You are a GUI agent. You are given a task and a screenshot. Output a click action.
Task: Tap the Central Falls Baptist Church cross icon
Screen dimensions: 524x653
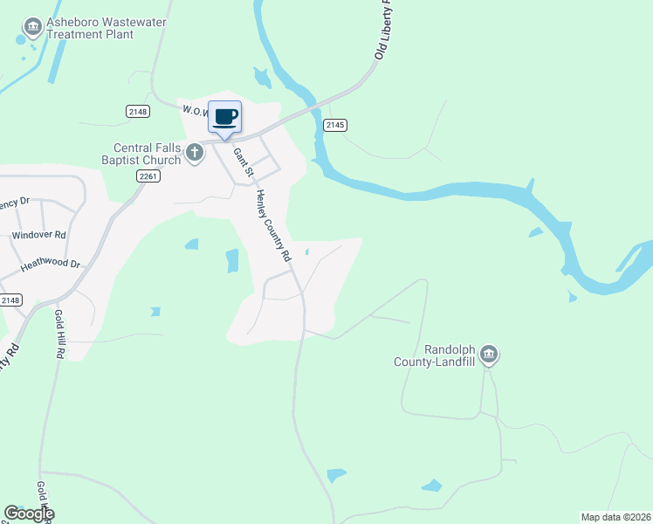(x=194, y=154)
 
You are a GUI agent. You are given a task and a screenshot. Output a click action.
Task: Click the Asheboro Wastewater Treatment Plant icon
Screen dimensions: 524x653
(x=33, y=28)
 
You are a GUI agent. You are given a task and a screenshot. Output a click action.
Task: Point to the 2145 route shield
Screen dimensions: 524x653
(x=335, y=126)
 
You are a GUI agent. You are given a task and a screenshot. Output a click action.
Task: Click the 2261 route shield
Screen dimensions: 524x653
(x=149, y=176)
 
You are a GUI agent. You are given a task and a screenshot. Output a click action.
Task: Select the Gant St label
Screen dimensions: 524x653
(x=242, y=162)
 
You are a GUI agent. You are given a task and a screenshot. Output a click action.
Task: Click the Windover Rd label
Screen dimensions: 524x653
(x=38, y=236)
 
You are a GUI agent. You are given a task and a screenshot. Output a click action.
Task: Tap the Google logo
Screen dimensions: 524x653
(x=29, y=514)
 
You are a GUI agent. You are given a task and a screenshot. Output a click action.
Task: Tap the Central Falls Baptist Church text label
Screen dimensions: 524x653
(x=147, y=154)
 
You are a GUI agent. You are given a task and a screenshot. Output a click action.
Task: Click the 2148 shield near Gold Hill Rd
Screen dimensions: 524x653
(x=10, y=300)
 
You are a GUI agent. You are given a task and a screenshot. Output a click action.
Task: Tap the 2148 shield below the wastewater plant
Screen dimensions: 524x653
(x=137, y=112)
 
